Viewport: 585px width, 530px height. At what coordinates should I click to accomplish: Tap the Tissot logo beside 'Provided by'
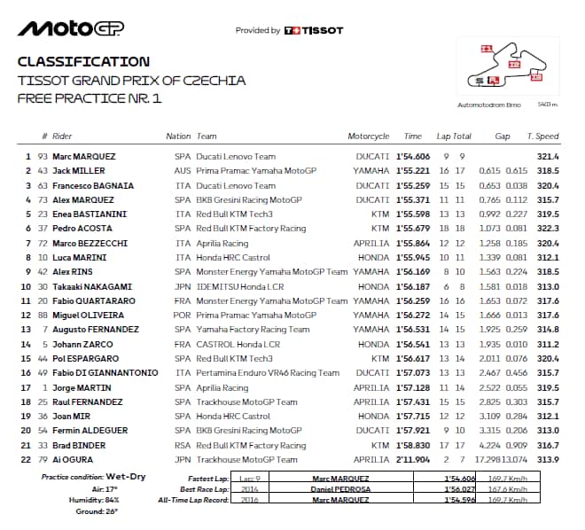point(314,30)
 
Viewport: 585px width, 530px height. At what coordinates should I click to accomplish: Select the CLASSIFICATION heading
point(83,62)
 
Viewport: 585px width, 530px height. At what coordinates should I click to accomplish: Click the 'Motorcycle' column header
point(369,136)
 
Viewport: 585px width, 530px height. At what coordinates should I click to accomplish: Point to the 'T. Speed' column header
point(542,136)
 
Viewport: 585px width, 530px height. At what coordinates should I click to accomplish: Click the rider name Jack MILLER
point(79,170)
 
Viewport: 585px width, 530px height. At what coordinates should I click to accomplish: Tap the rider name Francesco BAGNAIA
point(90,185)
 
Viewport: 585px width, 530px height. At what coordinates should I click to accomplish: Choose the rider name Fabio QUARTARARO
point(94,301)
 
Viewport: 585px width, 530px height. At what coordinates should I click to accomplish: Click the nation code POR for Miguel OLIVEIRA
point(183,316)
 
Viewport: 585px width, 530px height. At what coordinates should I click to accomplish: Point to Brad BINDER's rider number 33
point(42,445)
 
